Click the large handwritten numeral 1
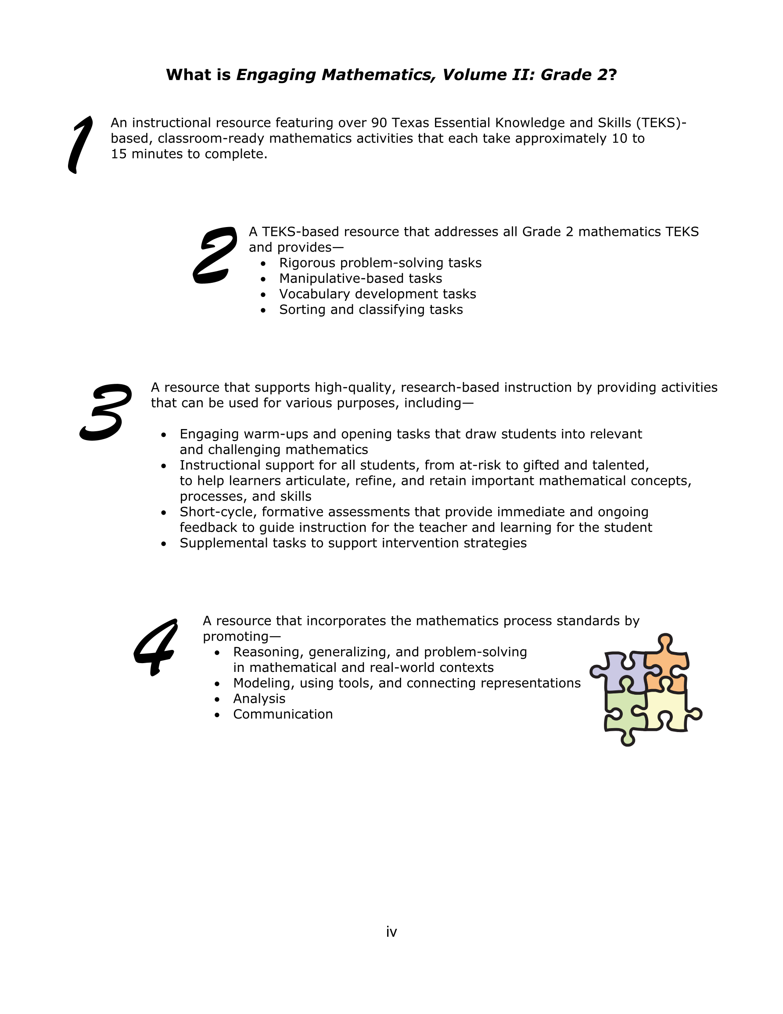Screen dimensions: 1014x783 tap(80, 144)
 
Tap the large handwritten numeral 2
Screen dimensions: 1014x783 tap(215, 255)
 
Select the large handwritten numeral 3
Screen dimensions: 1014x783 tap(106, 412)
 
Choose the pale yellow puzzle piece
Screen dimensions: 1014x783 tap(668, 708)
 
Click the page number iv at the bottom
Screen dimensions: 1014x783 tap(391, 932)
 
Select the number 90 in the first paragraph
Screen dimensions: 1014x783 tap(379, 123)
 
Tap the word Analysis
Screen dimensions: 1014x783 tap(259, 699)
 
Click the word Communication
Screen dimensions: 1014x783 tap(283, 714)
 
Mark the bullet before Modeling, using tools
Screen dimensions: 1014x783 tap(217, 684)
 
